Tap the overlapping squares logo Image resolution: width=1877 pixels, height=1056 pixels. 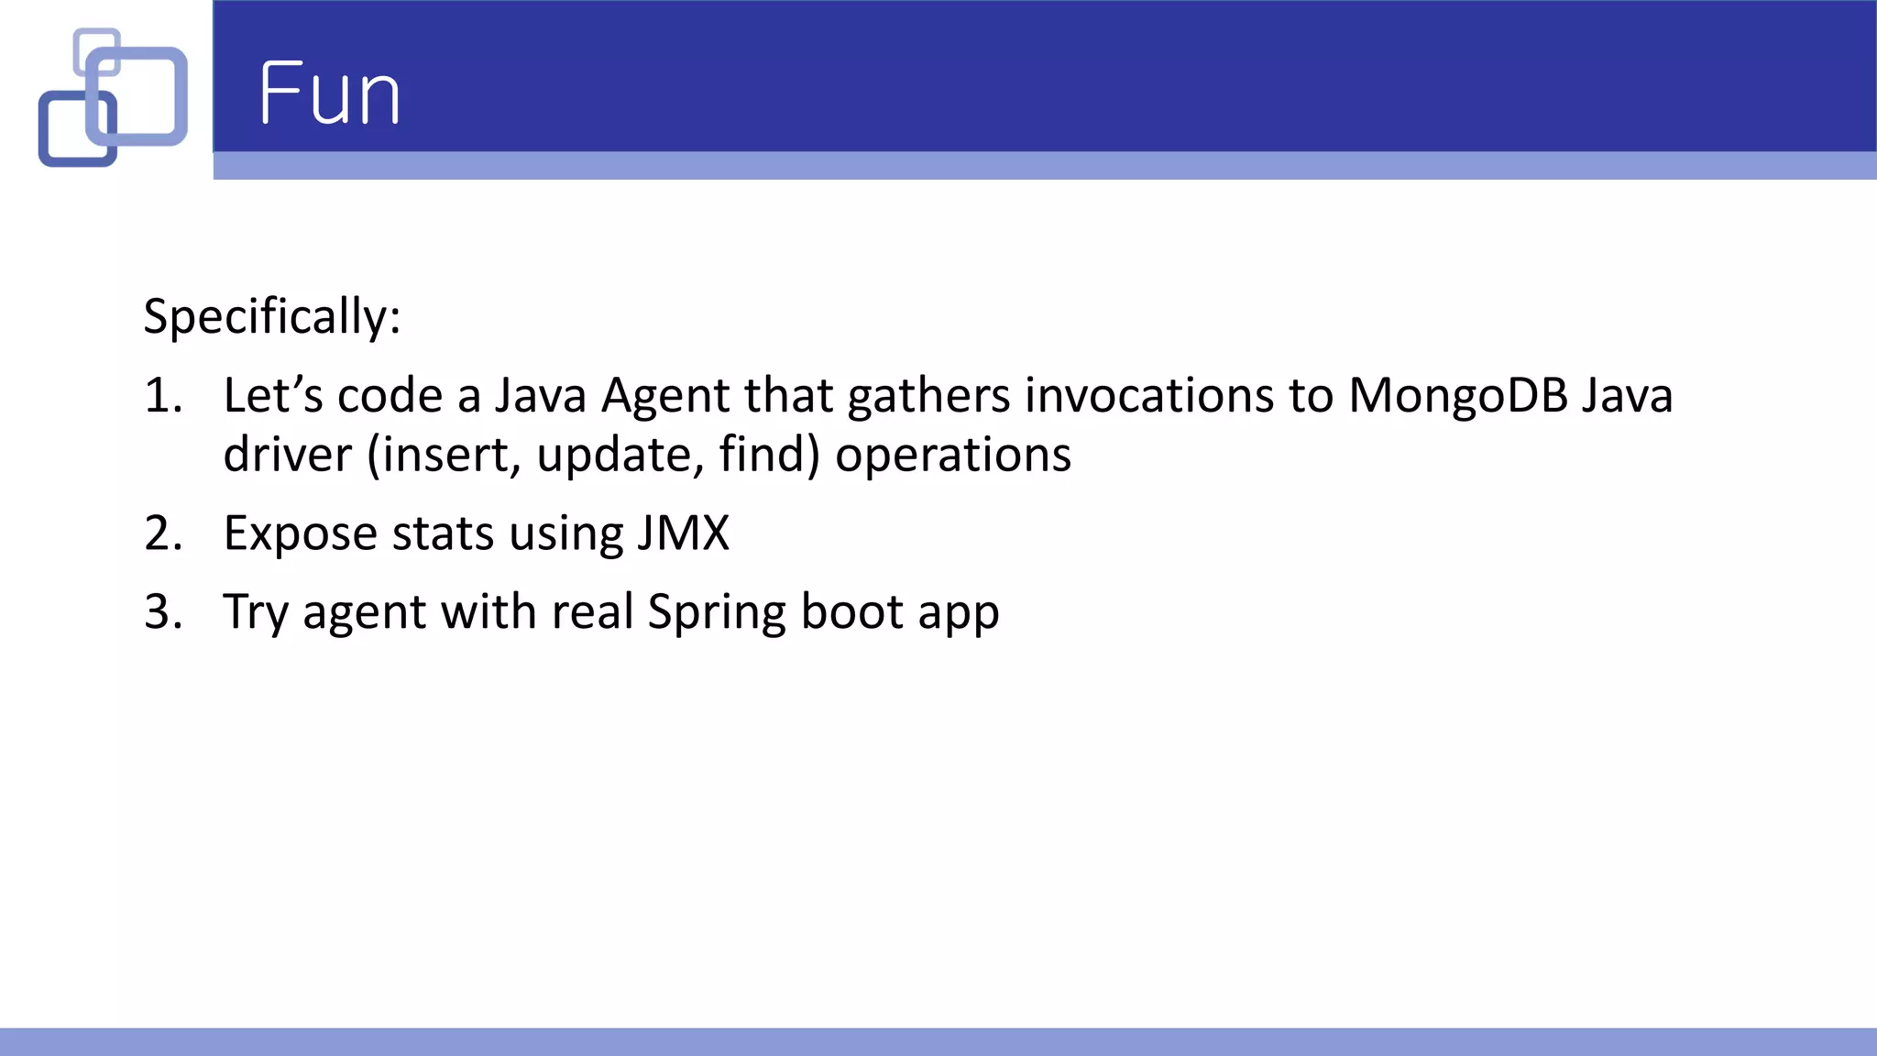(x=113, y=97)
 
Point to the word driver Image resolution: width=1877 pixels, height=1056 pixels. (x=287, y=455)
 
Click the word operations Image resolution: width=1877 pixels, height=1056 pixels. (x=952, y=456)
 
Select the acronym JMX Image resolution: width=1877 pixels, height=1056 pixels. (x=683, y=533)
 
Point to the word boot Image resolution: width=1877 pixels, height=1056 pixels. (x=851, y=611)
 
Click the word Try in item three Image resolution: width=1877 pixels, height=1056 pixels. (x=256, y=613)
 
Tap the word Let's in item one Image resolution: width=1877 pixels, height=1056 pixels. (x=272, y=396)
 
